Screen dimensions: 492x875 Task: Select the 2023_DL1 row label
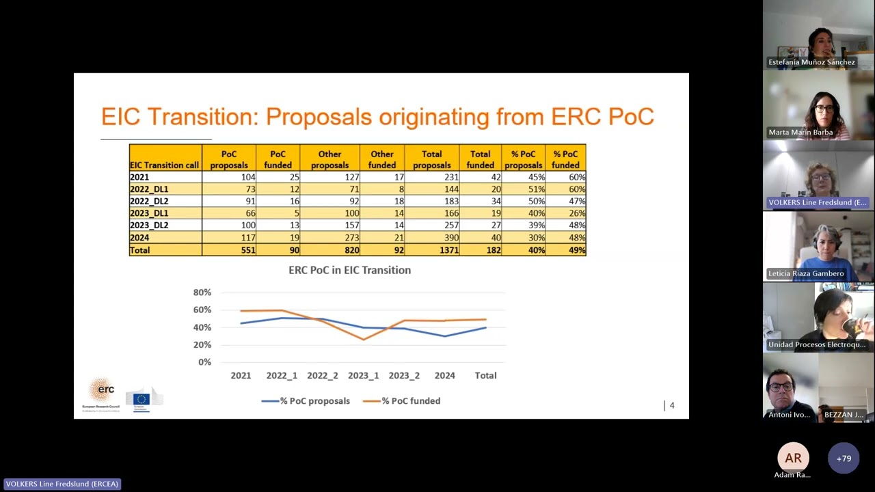coord(149,213)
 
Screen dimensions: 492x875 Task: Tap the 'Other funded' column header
coord(381,159)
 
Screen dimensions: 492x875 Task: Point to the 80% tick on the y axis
coord(202,292)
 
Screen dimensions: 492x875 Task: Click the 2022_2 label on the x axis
coord(322,375)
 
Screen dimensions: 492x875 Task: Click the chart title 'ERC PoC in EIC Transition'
coord(349,270)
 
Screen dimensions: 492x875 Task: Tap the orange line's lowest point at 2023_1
coord(363,339)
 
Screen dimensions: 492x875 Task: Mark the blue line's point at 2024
coord(445,336)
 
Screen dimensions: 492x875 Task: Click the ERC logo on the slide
coord(101,392)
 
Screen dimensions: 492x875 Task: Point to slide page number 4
coord(671,405)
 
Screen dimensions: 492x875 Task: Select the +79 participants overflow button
coord(844,459)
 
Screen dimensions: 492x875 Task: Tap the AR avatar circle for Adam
coord(793,458)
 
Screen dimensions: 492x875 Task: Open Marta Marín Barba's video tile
coord(818,106)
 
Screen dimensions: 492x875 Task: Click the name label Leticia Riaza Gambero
coord(806,273)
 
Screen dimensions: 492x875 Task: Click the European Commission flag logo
coord(142,399)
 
